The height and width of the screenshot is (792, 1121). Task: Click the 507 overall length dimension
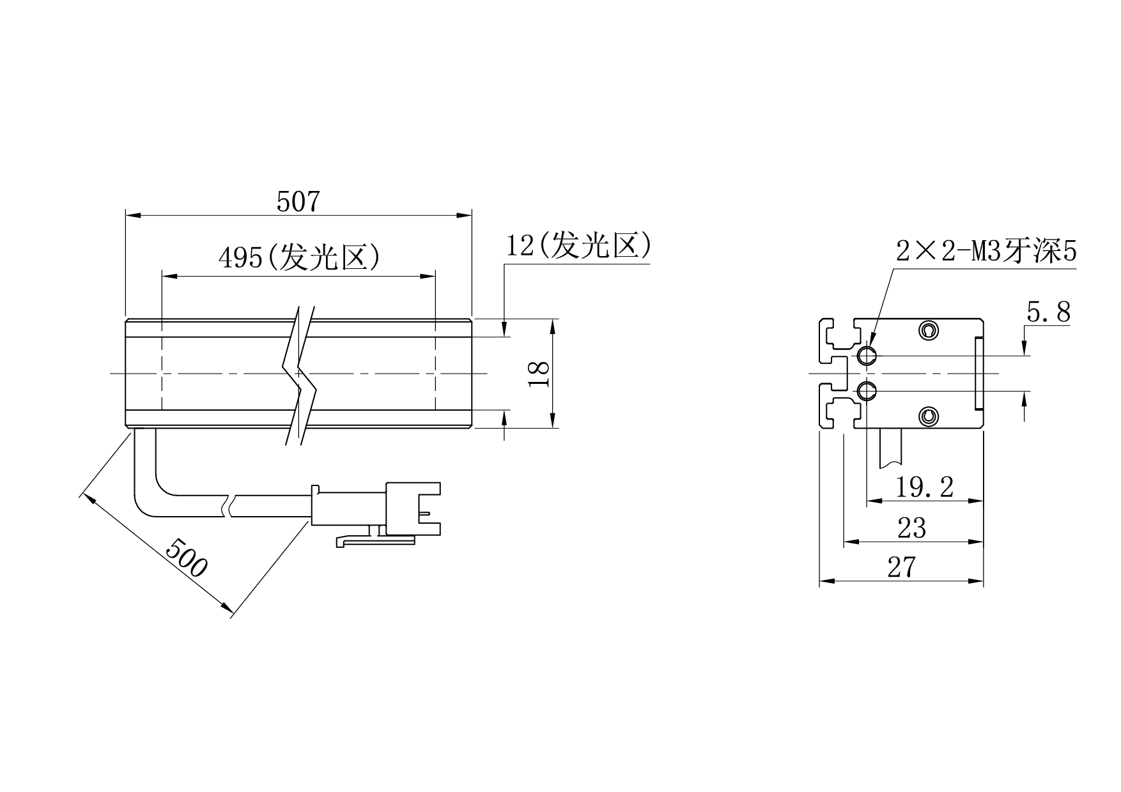coord(298,202)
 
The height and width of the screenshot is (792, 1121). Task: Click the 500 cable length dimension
coord(186,557)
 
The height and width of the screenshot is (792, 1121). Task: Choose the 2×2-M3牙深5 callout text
coord(986,252)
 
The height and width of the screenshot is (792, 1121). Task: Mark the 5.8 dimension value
coord(1048,312)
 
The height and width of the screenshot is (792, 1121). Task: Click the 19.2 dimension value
coord(924,488)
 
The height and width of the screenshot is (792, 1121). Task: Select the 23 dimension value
coord(912,528)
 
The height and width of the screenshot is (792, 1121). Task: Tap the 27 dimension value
coord(902,567)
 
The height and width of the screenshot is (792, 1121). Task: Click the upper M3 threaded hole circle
coord(867,356)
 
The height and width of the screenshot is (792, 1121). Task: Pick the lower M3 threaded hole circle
coord(867,391)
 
